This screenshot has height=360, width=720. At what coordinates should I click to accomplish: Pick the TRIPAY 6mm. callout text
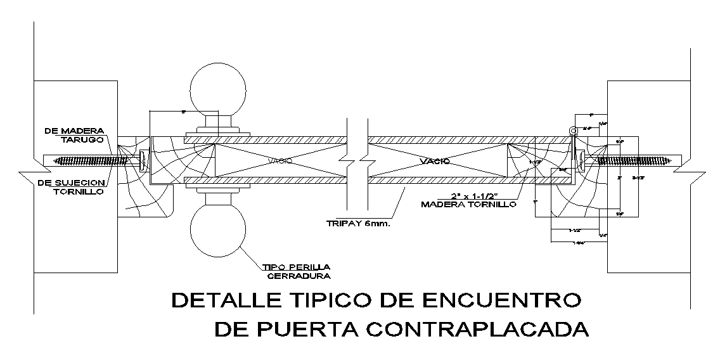(358, 224)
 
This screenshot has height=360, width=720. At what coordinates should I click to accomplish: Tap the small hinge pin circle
(573, 131)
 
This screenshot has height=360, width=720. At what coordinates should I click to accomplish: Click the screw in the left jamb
(88, 160)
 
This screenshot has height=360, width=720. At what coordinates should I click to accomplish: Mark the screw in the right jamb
(633, 160)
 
